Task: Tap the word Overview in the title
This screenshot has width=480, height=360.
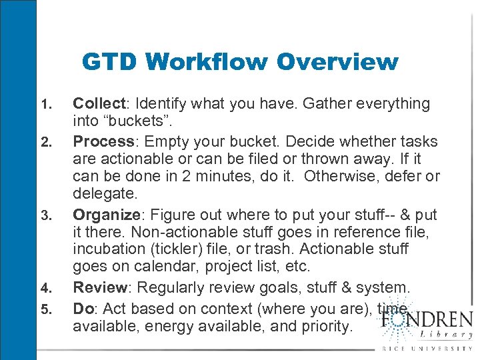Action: (337, 62)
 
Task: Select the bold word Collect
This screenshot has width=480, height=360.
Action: (99, 103)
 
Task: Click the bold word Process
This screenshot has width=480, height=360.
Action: (104, 141)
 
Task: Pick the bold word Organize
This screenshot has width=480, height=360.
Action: (109, 215)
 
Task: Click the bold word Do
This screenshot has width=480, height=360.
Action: (83, 308)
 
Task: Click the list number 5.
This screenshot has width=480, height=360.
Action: (45, 309)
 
